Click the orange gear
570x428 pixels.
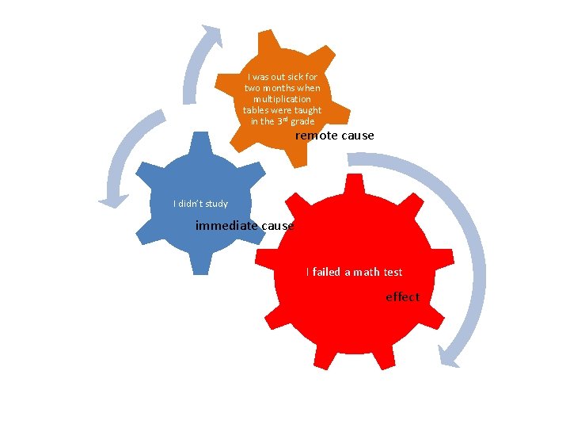(x=283, y=98)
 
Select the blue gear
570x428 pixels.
(x=200, y=203)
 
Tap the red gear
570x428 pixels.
(x=355, y=272)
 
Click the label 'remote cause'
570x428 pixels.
(x=334, y=136)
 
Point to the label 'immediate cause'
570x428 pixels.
(x=245, y=226)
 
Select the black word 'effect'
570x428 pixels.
(x=403, y=297)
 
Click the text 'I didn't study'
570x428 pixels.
(x=200, y=204)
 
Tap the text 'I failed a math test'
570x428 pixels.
(x=355, y=272)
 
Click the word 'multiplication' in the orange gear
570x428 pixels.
(x=282, y=99)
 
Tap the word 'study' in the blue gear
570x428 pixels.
(x=216, y=204)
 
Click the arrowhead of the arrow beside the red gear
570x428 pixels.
(x=448, y=357)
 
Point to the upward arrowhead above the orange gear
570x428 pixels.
(x=213, y=35)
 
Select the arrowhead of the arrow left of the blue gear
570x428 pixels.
(x=113, y=201)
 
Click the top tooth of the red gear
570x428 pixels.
(x=354, y=185)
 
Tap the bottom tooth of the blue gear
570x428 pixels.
(x=200, y=263)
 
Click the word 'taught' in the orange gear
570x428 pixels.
(x=308, y=110)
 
